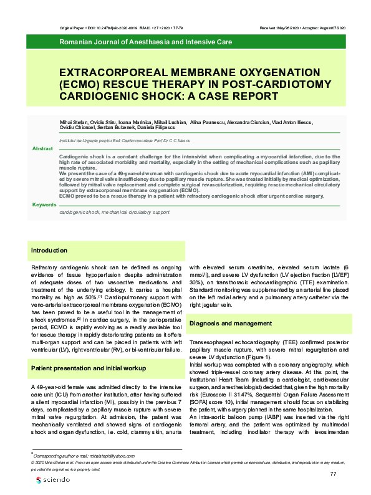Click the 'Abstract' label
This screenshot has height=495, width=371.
[x=42, y=149]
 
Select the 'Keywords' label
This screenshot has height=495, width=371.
[x=44, y=204]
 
